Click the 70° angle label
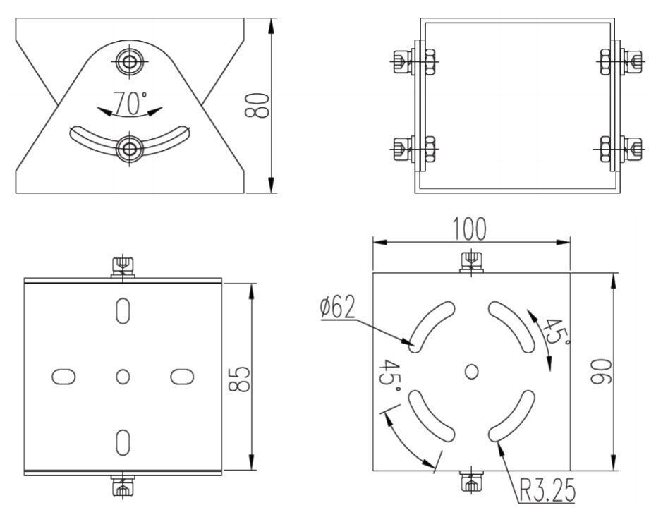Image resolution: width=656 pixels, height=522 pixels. pyautogui.click(x=130, y=104)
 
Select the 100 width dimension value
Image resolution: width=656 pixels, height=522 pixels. pyautogui.click(x=470, y=229)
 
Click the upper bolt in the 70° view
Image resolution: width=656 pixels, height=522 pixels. pyautogui.click(x=130, y=61)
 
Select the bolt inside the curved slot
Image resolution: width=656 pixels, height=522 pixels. pyautogui.click(x=130, y=147)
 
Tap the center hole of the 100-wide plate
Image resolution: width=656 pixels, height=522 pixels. pyautogui.click(x=472, y=370)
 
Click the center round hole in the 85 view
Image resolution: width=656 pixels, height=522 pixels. pyautogui.click(x=123, y=377)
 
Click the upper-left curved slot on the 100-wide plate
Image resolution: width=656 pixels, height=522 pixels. pyautogui.click(x=432, y=324)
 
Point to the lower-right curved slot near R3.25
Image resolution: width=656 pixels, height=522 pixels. pyautogui.click(x=511, y=417)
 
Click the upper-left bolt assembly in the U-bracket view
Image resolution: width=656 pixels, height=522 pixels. pyautogui.click(x=415, y=61)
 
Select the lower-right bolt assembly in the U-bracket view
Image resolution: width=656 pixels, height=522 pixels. pyautogui.click(x=619, y=149)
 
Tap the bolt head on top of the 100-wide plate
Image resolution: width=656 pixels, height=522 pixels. pyautogui.click(x=470, y=262)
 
